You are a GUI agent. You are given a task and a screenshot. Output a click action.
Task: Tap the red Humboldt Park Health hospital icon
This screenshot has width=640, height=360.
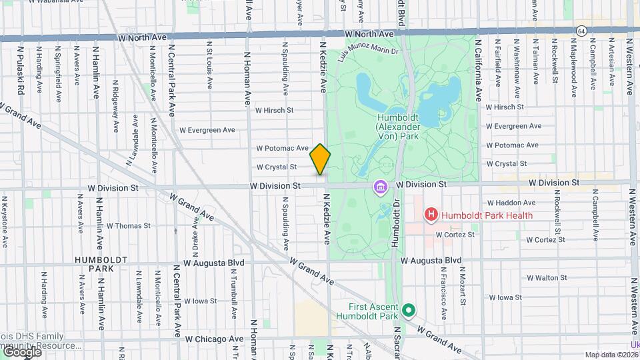tap(431, 215)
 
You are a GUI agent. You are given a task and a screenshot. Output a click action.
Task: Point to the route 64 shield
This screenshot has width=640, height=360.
tap(582, 31)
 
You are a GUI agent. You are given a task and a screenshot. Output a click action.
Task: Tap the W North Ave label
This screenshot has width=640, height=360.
tap(369, 33)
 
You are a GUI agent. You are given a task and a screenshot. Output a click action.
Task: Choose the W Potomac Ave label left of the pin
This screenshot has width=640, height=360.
tap(283, 148)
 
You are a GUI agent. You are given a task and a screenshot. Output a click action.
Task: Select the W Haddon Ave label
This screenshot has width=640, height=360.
tap(511, 203)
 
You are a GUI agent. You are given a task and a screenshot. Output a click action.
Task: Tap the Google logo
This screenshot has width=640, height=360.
tap(21, 352)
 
